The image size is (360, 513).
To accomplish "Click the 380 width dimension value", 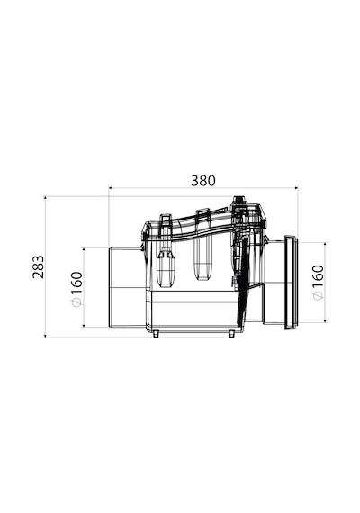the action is pyautogui.click(x=203, y=181).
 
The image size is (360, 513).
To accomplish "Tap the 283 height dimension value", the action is pyautogui.click(x=39, y=266).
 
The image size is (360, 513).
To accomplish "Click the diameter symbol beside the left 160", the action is pyautogui.click(x=76, y=302).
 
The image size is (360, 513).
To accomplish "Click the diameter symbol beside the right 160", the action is pyautogui.click(x=318, y=295).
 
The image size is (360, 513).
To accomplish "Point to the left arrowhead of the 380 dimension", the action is pyautogui.click(x=111, y=188).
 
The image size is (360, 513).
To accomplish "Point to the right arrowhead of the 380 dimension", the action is pyautogui.click(x=296, y=188).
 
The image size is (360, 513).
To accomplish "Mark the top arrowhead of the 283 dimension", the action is pyautogui.click(x=45, y=198).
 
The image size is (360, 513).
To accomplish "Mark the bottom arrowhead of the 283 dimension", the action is pyautogui.click(x=45, y=335).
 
